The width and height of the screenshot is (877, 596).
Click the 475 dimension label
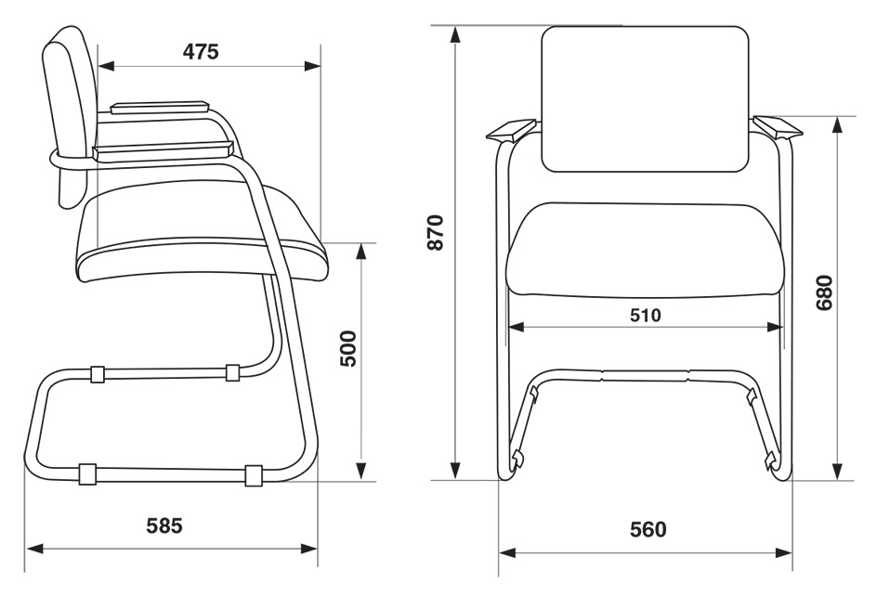pyautogui.click(x=201, y=51)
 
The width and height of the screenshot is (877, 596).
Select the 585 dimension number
pyautogui.click(x=164, y=525)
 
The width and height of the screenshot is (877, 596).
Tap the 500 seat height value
pyautogui.click(x=347, y=348)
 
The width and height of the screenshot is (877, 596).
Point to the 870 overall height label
pyautogui.click(x=435, y=232)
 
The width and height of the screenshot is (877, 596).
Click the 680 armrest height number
pyautogui.click(x=824, y=292)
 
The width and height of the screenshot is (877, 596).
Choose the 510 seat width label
pyautogui.click(x=646, y=316)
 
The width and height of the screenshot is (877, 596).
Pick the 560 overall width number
pyautogui.click(x=648, y=529)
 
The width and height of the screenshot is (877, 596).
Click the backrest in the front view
pyautogui.click(x=646, y=99)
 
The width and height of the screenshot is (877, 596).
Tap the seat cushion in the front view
pyautogui.click(x=645, y=249)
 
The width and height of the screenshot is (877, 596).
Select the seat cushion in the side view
pyautogui.click(x=202, y=235)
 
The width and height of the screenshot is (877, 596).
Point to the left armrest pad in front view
pyautogui.click(x=513, y=129)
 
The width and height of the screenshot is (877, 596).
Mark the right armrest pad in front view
pyautogui.click(x=778, y=127)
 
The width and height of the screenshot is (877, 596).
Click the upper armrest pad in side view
pyautogui.click(x=160, y=107)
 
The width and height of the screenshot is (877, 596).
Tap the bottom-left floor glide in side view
pyautogui.click(x=86, y=473)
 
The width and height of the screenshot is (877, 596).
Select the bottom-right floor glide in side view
pyautogui.click(x=254, y=475)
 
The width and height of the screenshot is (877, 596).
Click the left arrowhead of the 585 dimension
pyautogui.click(x=34, y=548)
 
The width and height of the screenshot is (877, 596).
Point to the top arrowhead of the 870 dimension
pyautogui.click(x=456, y=34)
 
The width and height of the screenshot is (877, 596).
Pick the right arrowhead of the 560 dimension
pyautogui.click(x=783, y=552)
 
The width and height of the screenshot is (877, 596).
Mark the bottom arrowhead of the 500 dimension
pyautogui.click(x=361, y=469)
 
